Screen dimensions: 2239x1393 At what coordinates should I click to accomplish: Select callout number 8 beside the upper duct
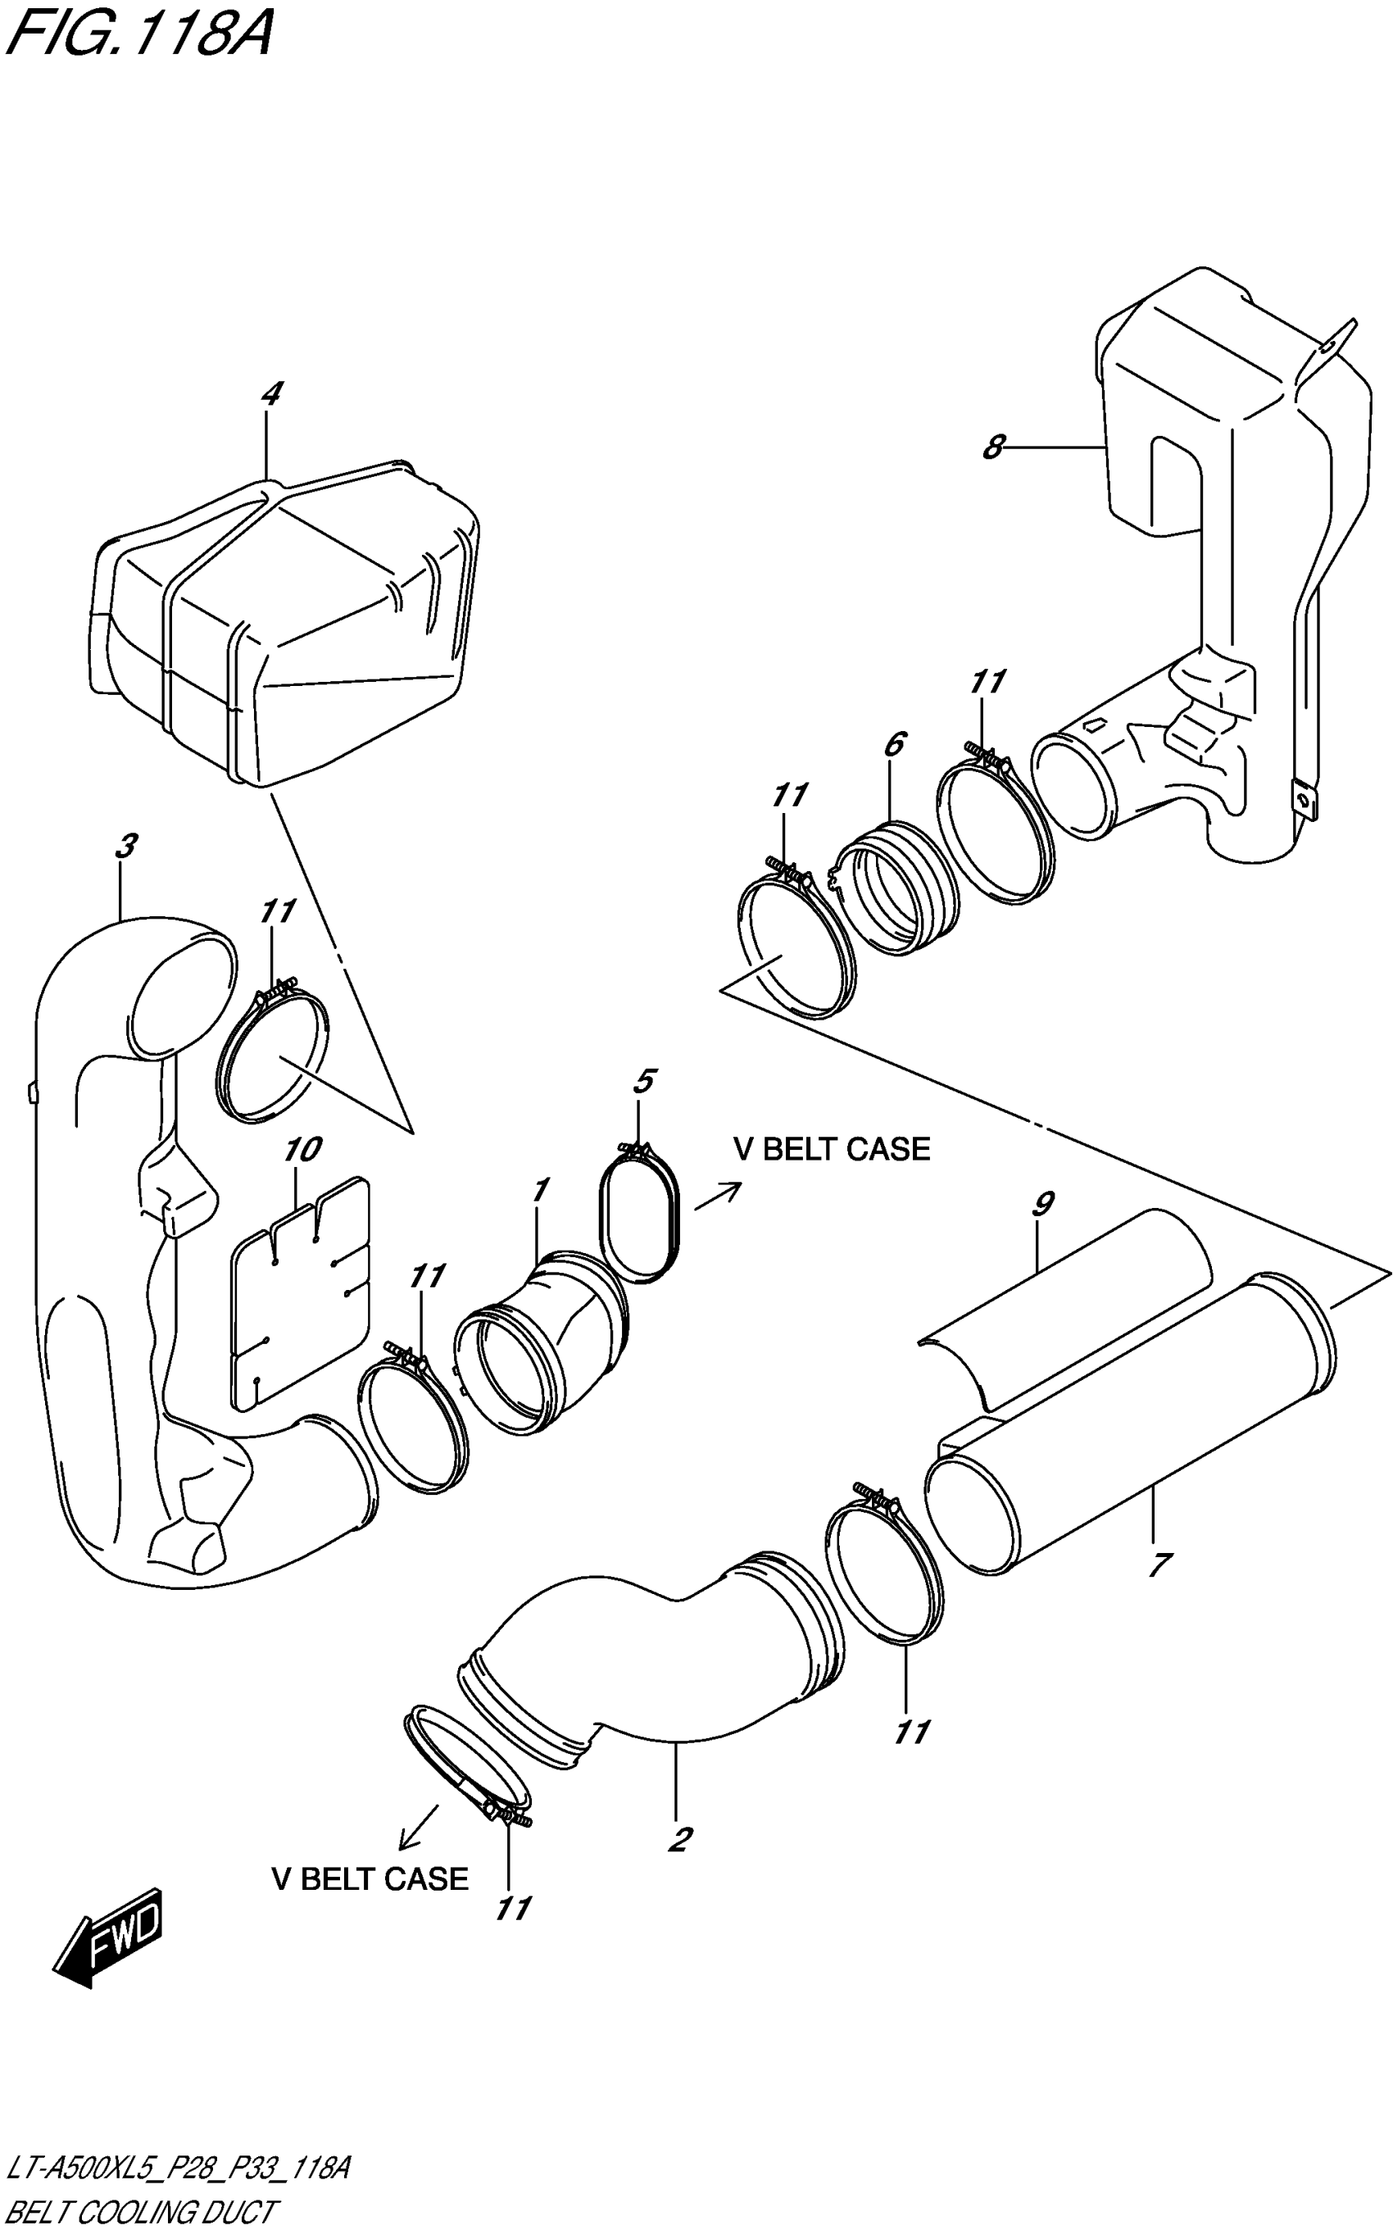click(992, 447)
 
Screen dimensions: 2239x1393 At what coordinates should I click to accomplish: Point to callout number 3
click(126, 846)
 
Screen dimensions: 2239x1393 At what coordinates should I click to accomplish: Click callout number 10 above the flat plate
click(302, 1150)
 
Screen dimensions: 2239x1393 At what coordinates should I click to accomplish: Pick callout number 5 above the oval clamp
click(644, 1082)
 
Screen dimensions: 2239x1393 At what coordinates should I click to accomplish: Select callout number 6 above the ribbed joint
click(894, 744)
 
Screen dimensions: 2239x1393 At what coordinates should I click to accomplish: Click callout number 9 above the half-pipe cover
click(1042, 1204)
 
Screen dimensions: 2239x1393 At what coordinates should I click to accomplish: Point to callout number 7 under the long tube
click(1159, 1564)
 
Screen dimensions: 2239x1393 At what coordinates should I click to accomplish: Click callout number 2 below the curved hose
click(679, 1840)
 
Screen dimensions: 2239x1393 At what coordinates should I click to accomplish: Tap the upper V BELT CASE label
click(831, 1149)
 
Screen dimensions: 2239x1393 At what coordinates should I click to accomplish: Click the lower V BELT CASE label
click(370, 1878)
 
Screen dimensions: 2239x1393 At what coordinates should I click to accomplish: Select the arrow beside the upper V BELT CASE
click(718, 1197)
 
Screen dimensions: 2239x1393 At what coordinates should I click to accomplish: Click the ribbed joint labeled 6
click(887, 887)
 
